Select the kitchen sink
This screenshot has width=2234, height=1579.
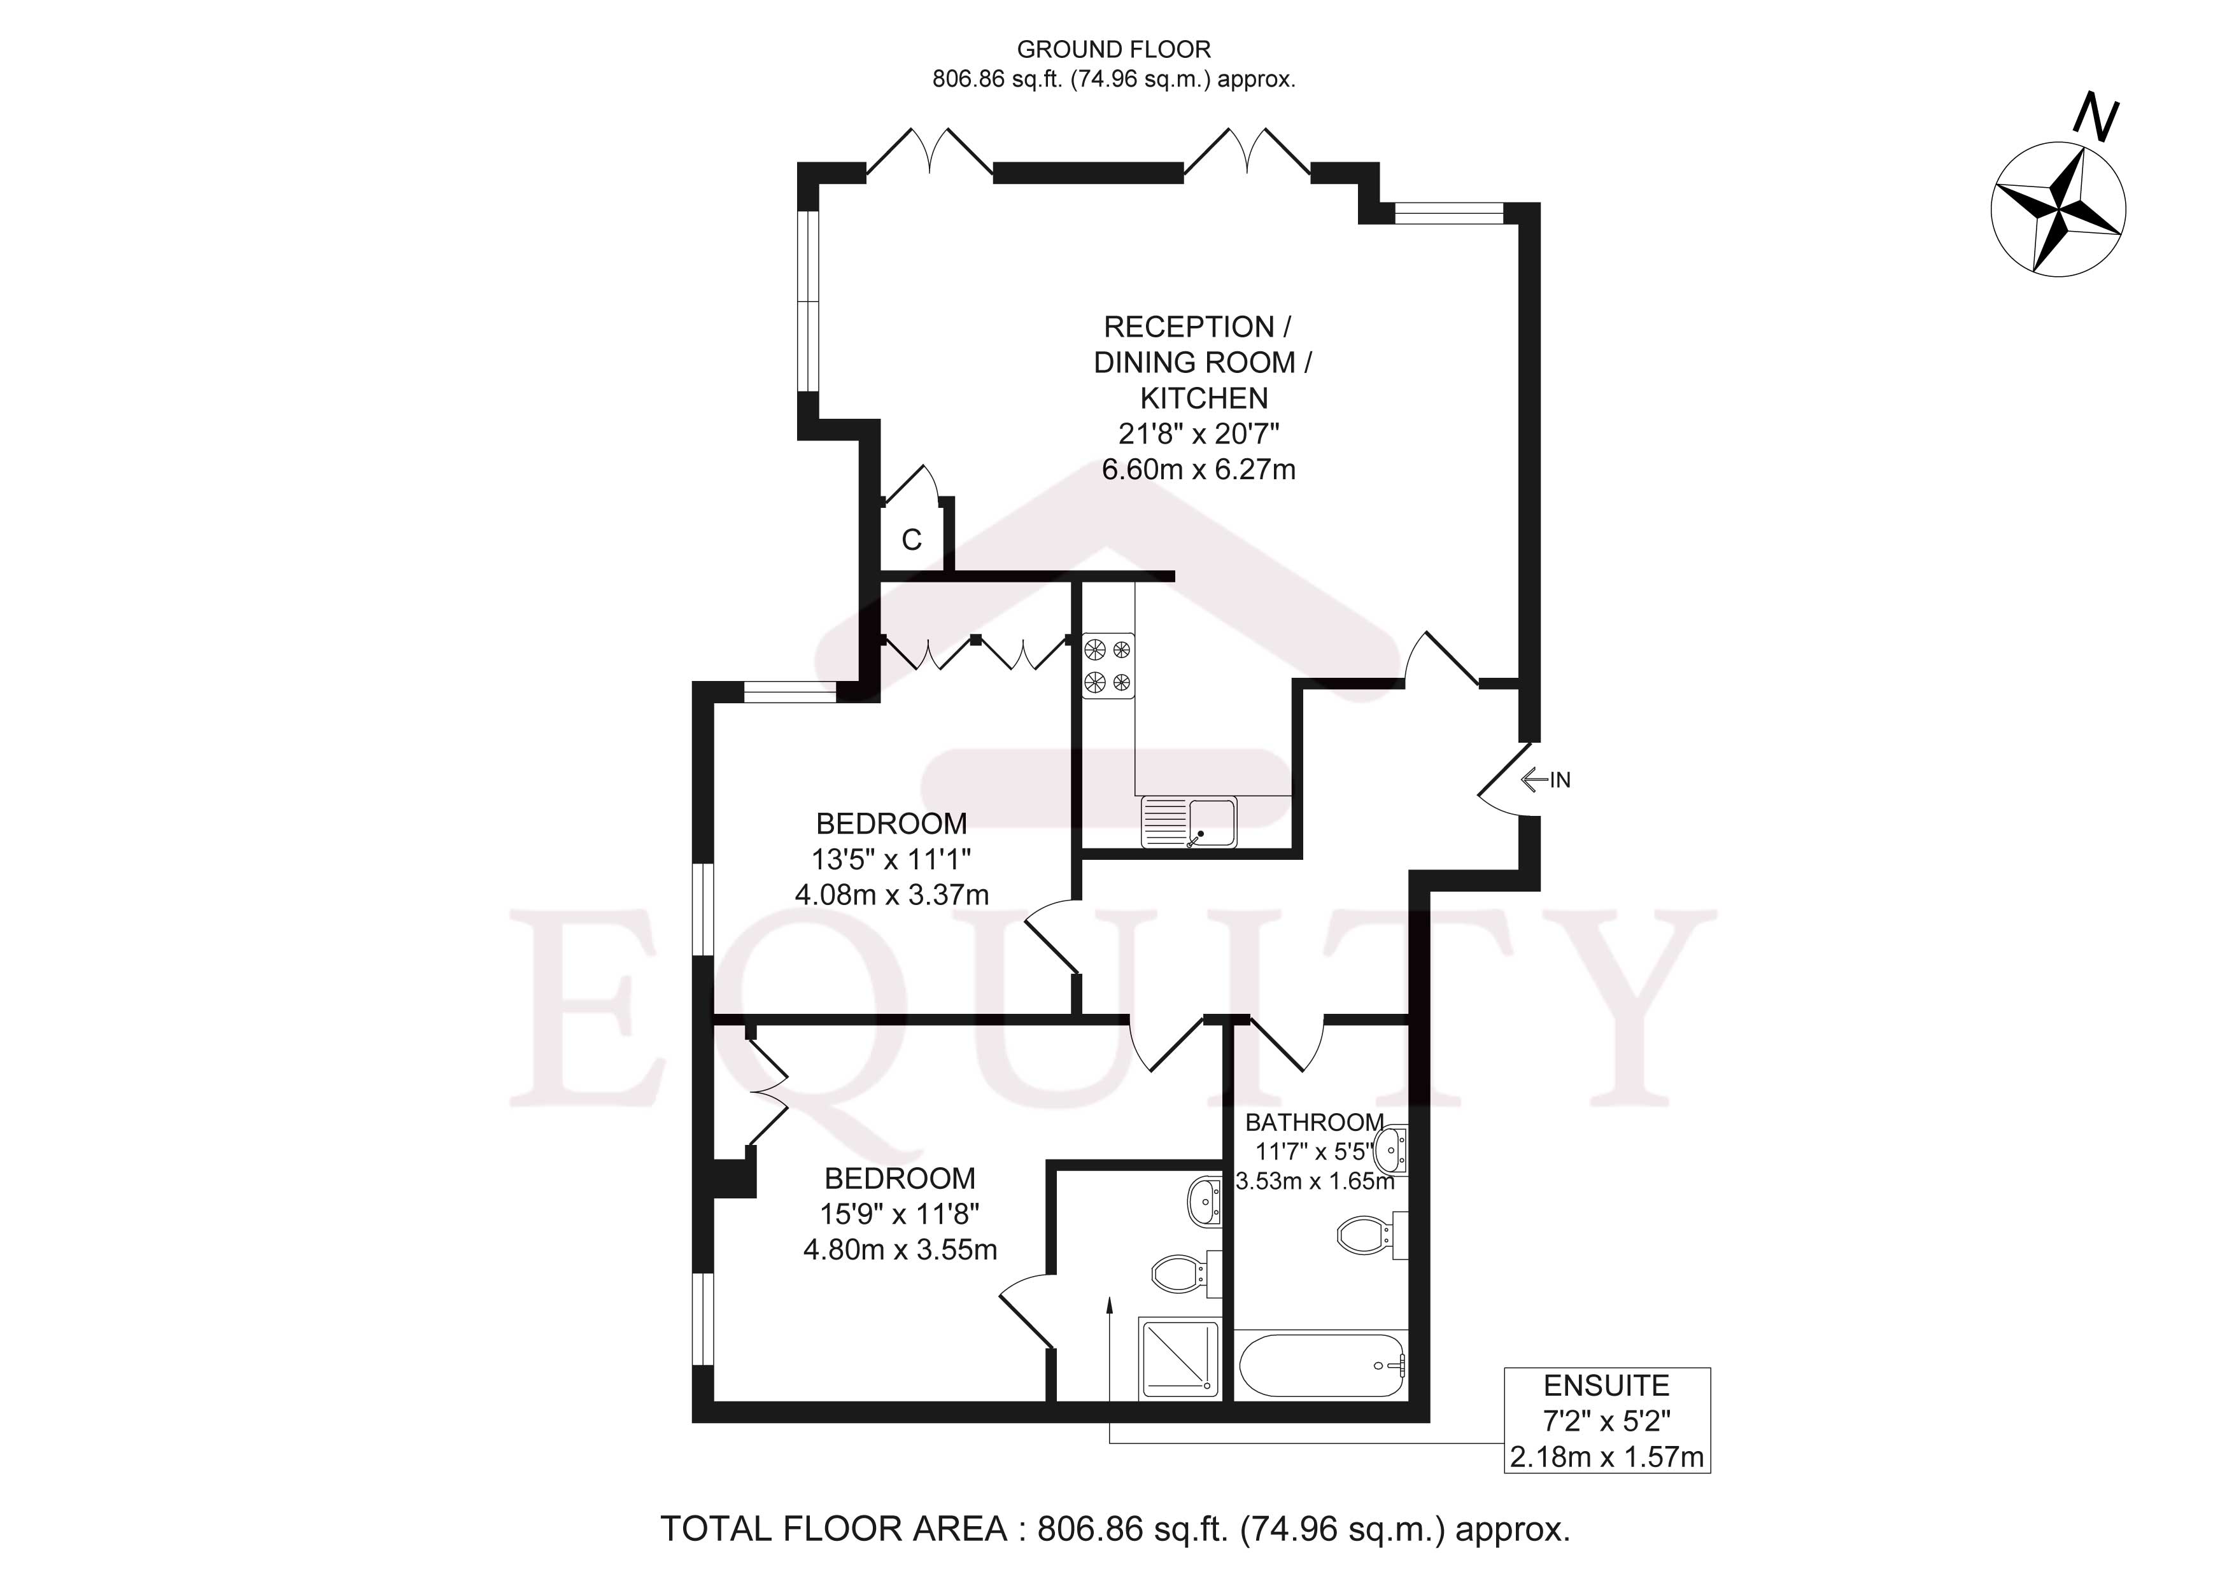point(1189,822)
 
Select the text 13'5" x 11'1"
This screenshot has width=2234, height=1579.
point(891,859)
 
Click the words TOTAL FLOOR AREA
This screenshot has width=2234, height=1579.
point(834,1529)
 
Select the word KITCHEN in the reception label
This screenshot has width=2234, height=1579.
point(1204,398)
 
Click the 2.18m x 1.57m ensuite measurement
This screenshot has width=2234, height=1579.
point(1606,1456)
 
